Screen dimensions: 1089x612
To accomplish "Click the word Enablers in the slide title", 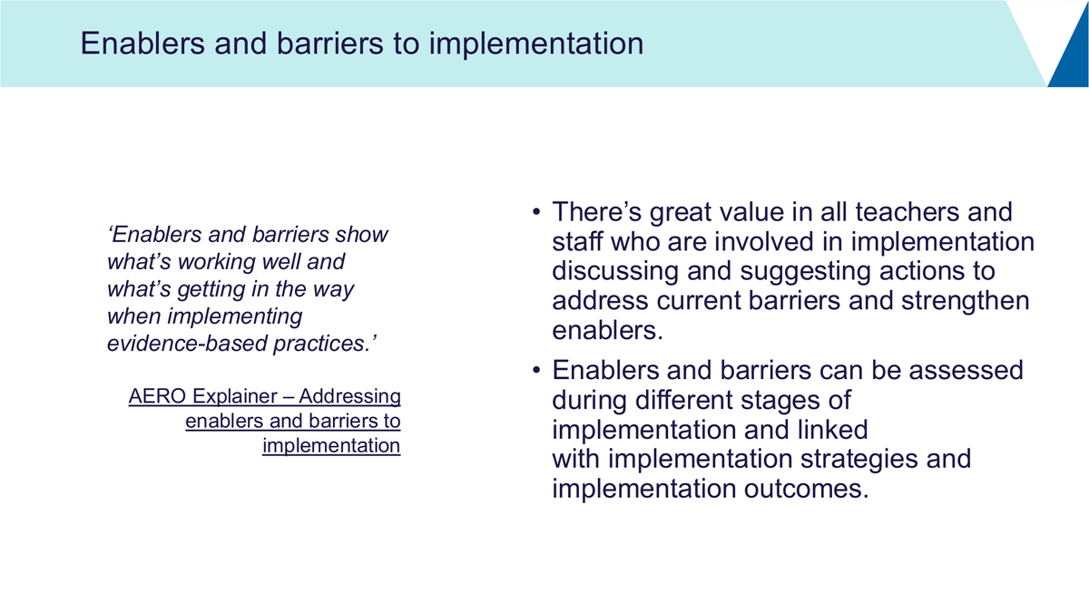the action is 142,44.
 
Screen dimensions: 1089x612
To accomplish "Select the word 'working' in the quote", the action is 219,262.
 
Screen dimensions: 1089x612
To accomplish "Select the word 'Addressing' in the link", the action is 349,397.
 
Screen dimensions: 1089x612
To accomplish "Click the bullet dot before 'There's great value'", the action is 536,212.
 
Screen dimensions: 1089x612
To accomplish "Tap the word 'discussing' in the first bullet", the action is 615,272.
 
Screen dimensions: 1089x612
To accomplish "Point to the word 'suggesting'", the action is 805,272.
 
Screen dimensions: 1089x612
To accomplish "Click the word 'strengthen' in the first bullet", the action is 965,301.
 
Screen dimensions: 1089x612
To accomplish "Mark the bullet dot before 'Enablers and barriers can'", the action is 536,370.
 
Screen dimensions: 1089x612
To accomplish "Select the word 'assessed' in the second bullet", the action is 966,371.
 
